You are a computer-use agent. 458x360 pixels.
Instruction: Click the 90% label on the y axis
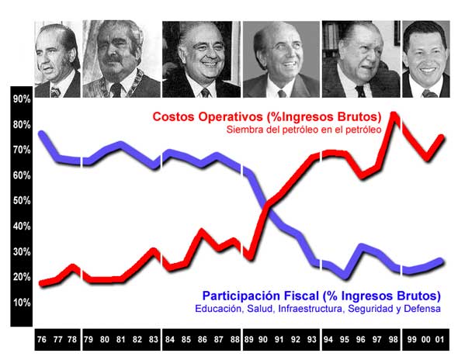22,99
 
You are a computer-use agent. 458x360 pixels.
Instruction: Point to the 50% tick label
22,201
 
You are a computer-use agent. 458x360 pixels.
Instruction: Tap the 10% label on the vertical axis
22,303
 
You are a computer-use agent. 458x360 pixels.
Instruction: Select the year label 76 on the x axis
42,339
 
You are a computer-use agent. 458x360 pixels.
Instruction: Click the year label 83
154,339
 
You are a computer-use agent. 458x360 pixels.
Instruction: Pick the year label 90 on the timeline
263,339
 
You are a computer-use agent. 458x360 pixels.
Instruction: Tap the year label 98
394,339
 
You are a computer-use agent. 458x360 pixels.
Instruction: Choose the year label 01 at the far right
439,339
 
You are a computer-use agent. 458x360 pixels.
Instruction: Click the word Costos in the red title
174,117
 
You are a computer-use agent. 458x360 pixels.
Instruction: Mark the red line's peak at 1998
394,115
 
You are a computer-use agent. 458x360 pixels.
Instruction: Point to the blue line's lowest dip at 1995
345,277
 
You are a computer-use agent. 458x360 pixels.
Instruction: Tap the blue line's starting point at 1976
42,133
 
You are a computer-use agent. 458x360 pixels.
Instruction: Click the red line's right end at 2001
442,137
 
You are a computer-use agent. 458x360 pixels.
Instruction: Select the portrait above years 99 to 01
426,59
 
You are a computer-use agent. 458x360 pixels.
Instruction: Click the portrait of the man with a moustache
122,59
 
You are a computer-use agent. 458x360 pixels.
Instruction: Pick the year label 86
202,339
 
